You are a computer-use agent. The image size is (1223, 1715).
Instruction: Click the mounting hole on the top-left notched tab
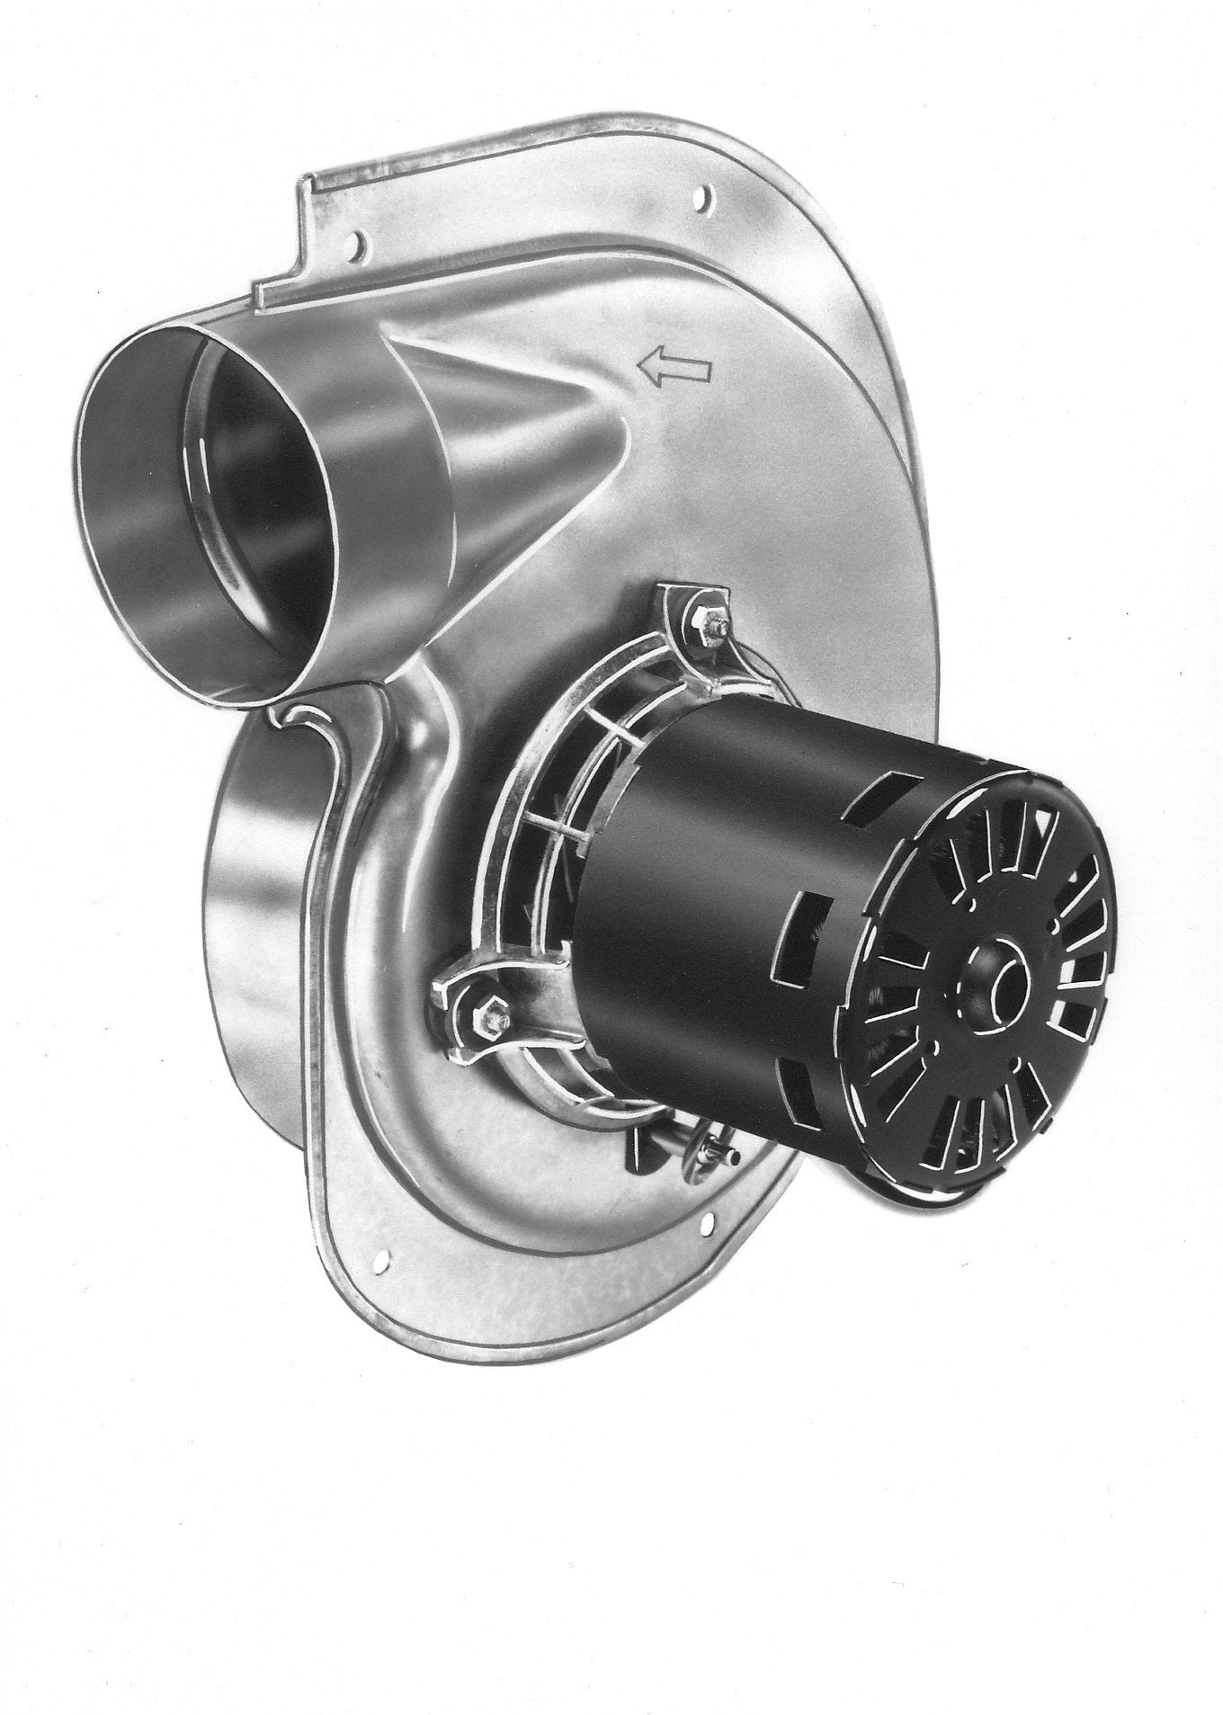click(361, 240)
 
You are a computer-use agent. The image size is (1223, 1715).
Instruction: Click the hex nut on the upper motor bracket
click(700, 619)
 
